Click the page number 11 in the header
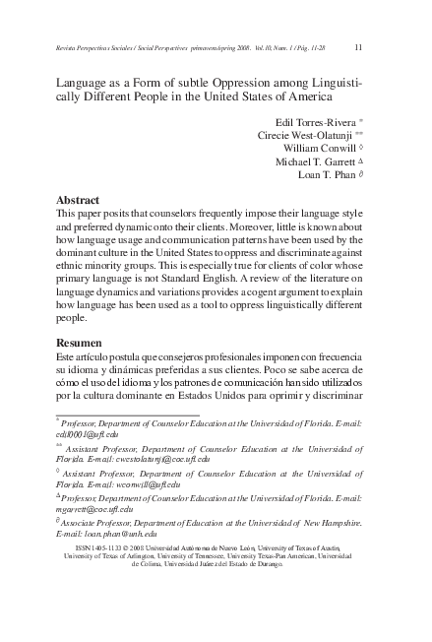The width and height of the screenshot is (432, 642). click(x=357, y=46)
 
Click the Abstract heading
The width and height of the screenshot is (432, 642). click(x=78, y=200)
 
